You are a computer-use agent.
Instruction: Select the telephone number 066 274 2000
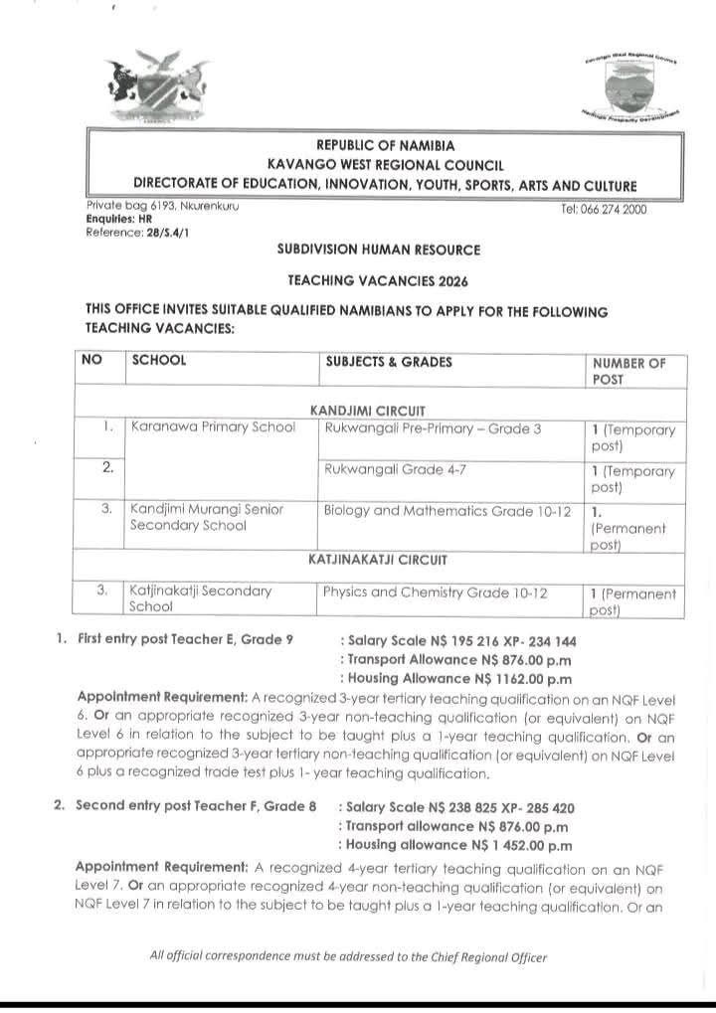pos(610,211)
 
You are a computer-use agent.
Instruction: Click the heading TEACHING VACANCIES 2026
pos(378,282)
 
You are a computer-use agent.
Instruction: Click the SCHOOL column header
pos(159,362)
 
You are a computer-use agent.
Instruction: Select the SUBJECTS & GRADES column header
pos(389,362)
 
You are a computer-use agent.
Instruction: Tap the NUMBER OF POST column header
pos(628,370)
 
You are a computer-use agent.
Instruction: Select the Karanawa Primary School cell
pos(214,428)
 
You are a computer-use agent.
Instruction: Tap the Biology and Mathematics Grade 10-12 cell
pos(447,510)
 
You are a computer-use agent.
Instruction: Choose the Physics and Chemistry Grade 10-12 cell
pos(436,591)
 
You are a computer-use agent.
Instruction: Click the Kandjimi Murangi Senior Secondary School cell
pos(207,517)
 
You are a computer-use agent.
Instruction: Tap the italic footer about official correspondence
pos(348,957)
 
